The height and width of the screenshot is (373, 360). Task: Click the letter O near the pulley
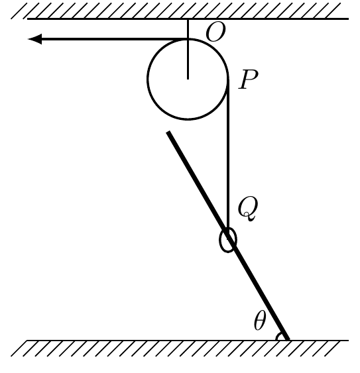[x=215, y=33]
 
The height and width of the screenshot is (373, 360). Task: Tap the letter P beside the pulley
[x=249, y=80]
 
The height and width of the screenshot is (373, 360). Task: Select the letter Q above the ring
[x=248, y=209]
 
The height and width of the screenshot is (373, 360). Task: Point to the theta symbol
[x=259, y=321]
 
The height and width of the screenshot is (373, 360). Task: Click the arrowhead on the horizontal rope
[x=34, y=39]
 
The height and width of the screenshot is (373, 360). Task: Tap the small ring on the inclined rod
[x=228, y=240]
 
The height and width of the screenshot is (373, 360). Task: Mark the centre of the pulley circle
[x=188, y=79]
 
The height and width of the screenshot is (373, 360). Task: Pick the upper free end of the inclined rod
[x=168, y=133]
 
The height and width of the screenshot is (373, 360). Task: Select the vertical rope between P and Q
[x=228, y=157]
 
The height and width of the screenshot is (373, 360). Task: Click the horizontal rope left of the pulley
[x=107, y=39]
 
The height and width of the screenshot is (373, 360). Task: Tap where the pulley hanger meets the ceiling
[x=188, y=19]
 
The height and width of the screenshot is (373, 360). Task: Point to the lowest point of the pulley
[x=188, y=119]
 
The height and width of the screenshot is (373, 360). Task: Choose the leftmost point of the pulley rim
[x=148, y=79]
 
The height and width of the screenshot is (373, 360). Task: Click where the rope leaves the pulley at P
[x=228, y=80]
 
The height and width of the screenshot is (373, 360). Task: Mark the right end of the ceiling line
[x=349, y=19]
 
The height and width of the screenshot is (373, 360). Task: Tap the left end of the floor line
[x=27, y=341]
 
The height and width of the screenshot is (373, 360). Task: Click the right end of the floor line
[x=349, y=341]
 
